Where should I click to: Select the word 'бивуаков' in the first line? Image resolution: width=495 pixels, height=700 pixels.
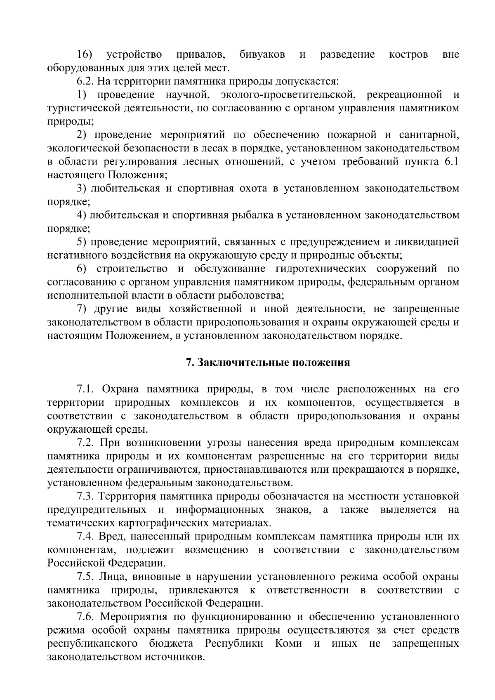262,54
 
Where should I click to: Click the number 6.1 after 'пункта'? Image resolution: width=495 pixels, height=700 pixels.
451,162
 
